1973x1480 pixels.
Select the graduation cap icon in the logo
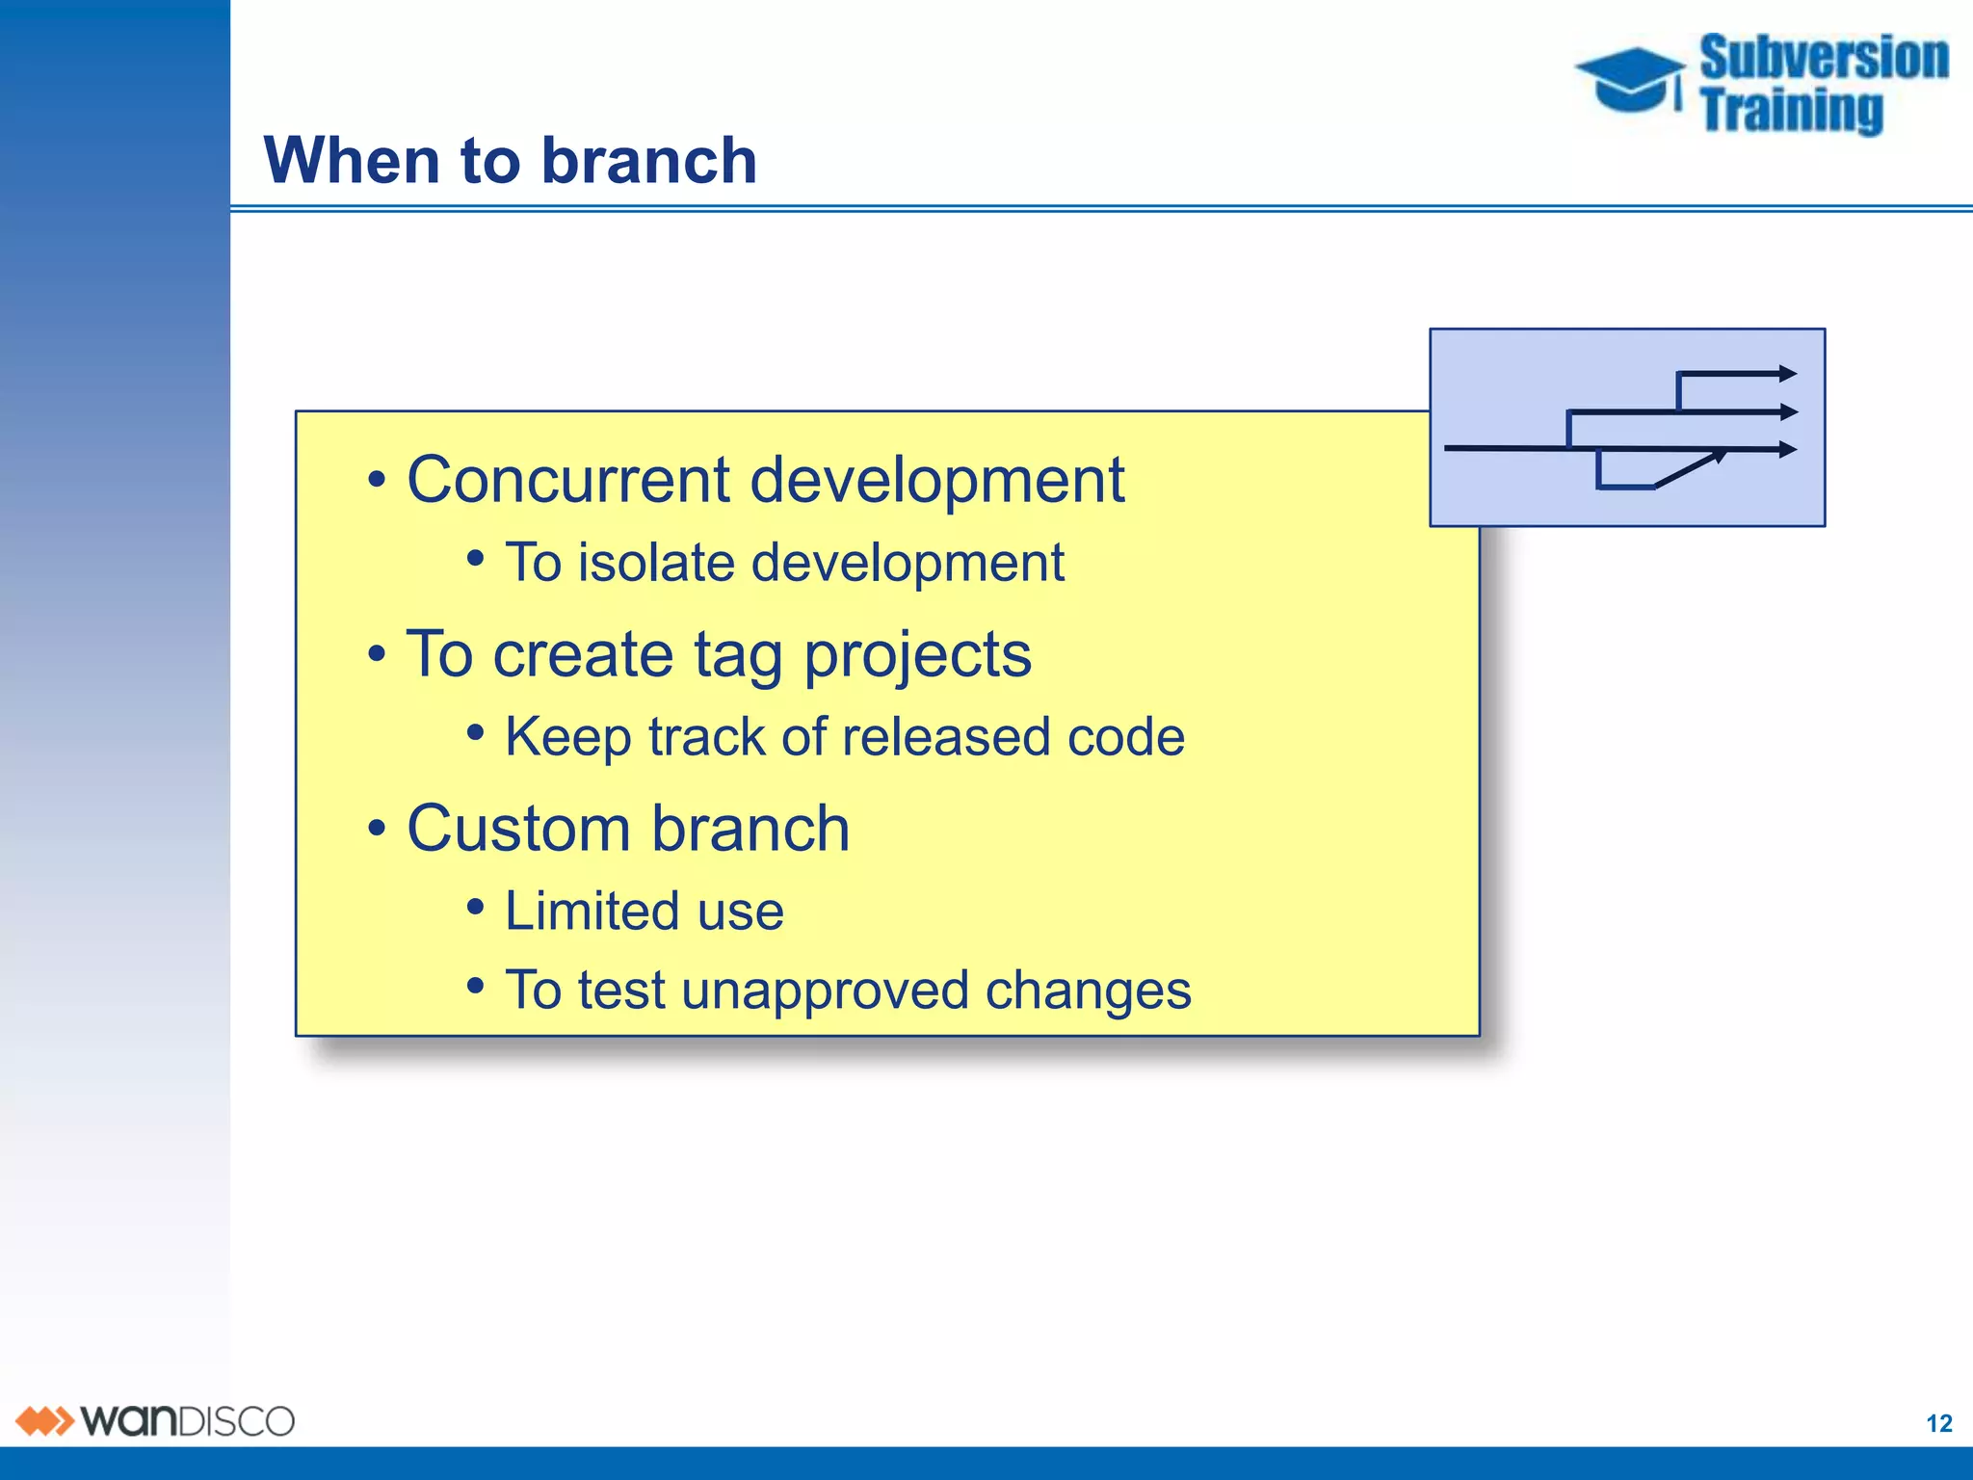1630,79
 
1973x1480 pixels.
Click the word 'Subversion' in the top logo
1823,58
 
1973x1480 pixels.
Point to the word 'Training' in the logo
1791,110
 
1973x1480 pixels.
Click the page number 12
1938,1423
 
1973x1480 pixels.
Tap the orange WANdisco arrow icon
44,1421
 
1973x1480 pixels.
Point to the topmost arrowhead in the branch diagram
1787,374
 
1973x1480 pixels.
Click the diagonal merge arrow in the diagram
1688,469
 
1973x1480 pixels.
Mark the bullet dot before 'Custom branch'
377,828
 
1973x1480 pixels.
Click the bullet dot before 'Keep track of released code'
475,733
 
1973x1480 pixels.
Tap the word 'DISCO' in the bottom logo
237,1422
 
